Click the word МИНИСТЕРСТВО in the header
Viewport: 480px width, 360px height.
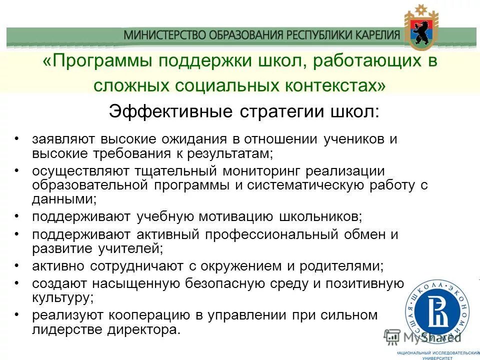click(156, 35)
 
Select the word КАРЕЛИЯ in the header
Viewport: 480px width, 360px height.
click(371, 35)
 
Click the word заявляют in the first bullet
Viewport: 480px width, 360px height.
click(64, 139)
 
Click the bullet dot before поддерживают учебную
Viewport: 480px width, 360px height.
click(17, 215)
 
